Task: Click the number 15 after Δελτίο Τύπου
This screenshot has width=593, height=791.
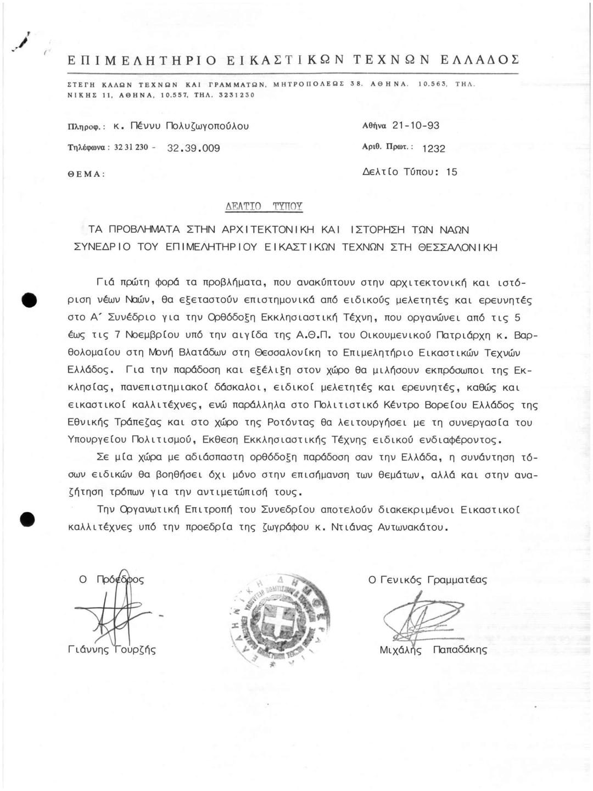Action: click(451, 172)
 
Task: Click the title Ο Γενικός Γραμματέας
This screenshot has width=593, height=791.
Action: click(427, 580)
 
